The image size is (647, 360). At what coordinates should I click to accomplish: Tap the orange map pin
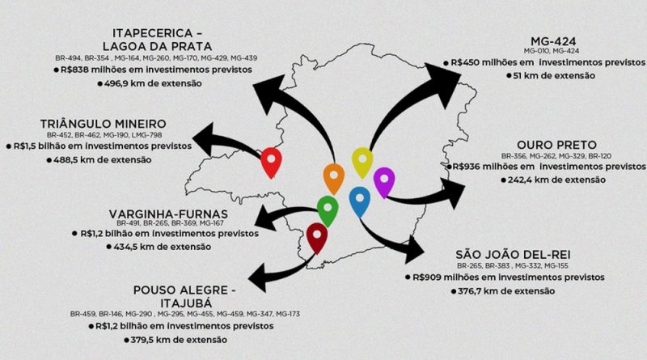pos(333,176)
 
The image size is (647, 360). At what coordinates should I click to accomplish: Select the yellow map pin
pos(362,161)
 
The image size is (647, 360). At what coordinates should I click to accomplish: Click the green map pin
pos(327,208)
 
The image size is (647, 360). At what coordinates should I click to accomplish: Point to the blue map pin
pos(359,199)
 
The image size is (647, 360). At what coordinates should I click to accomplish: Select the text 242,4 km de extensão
pos(558,179)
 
